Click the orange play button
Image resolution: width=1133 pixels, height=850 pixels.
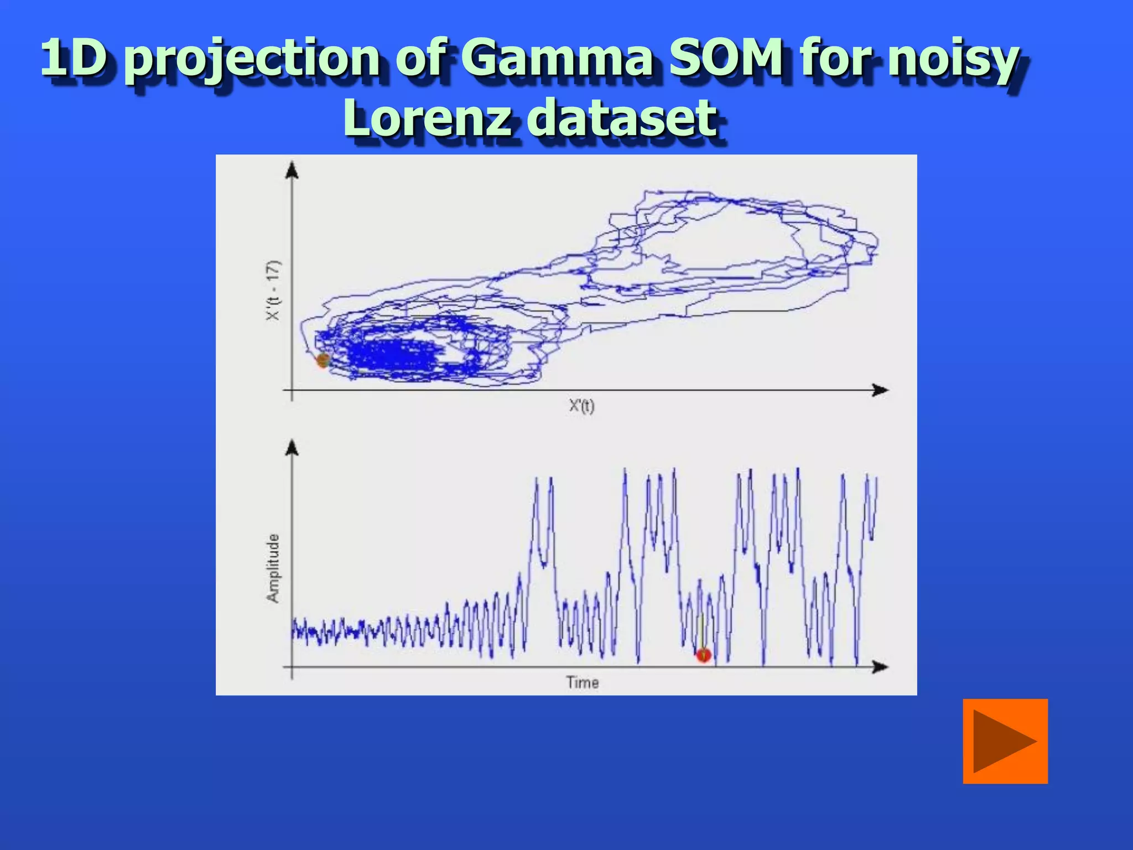click(x=1005, y=741)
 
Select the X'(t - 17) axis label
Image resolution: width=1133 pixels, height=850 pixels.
click(x=274, y=290)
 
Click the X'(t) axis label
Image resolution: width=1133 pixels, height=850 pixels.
click(x=581, y=406)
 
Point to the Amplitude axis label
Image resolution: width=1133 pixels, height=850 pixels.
click(x=273, y=568)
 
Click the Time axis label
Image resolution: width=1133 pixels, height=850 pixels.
click(x=582, y=682)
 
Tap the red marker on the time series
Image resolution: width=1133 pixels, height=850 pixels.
click(x=703, y=655)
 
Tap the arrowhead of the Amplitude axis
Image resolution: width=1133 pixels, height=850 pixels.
click(x=292, y=448)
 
